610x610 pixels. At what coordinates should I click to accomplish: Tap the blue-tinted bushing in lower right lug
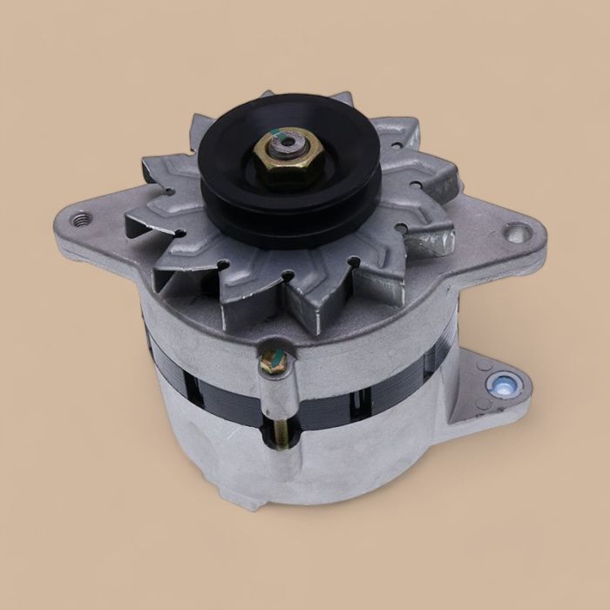tap(503, 383)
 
